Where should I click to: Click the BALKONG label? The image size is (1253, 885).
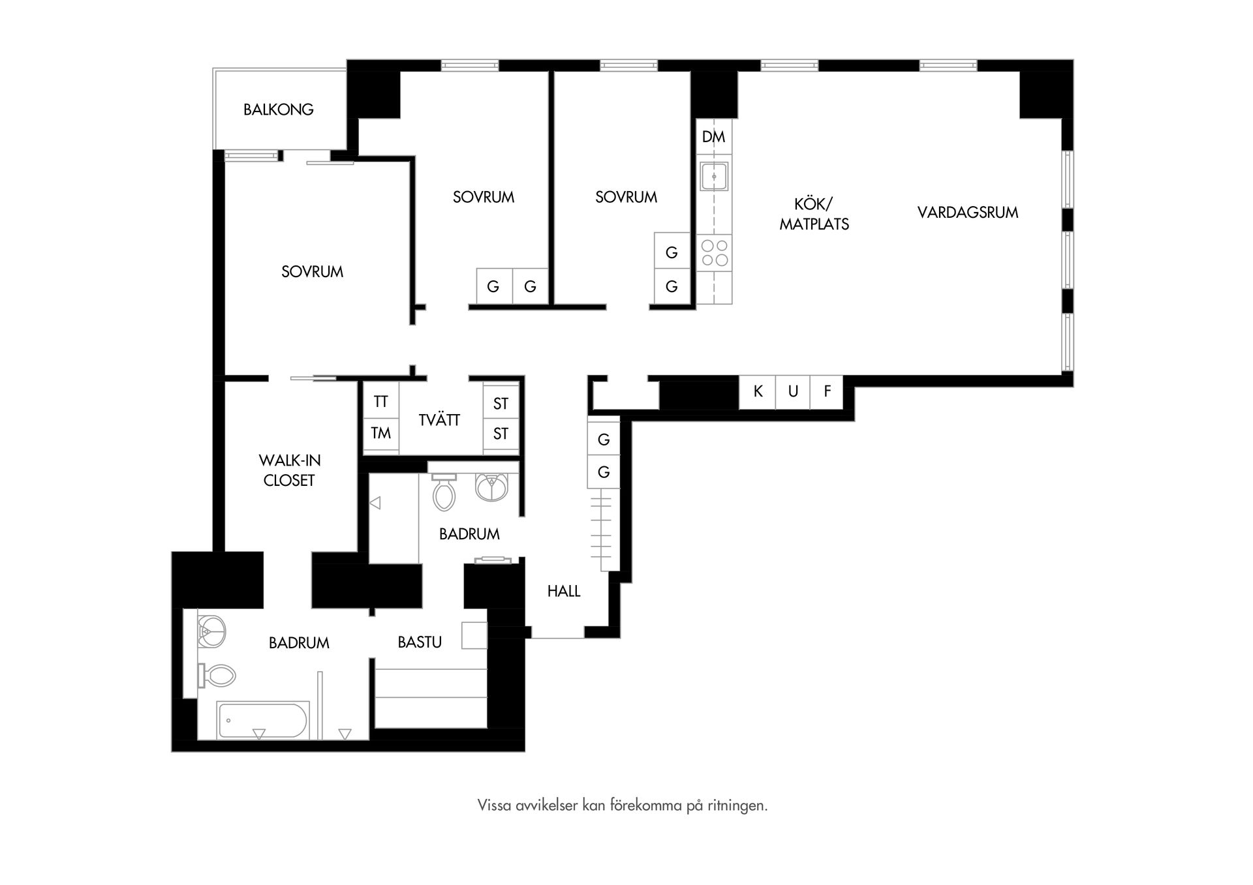(x=279, y=110)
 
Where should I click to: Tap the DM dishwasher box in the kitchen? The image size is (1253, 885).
(x=714, y=137)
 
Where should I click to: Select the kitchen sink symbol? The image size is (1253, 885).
(x=715, y=176)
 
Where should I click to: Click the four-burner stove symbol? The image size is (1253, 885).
(x=714, y=253)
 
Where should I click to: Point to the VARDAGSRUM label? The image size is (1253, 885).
(x=967, y=213)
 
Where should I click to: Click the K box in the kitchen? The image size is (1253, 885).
(x=758, y=391)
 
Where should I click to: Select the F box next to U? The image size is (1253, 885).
(x=828, y=391)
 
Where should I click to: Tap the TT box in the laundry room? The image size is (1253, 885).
(x=380, y=402)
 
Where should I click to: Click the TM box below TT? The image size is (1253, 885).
(x=380, y=433)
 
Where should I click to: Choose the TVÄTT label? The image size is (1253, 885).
(x=439, y=420)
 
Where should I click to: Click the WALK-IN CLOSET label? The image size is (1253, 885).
(x=289, y=470)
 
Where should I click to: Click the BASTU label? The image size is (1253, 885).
(x=420, y=642)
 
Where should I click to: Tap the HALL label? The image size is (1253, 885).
(x=564, y=592)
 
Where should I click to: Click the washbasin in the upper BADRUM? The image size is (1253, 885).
(x=491, y=487)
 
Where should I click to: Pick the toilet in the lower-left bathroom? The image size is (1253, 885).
(x=218, y=676)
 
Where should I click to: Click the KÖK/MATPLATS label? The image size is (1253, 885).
(x=814, y=214)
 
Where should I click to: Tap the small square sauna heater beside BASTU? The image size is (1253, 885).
(x=474, y=635)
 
